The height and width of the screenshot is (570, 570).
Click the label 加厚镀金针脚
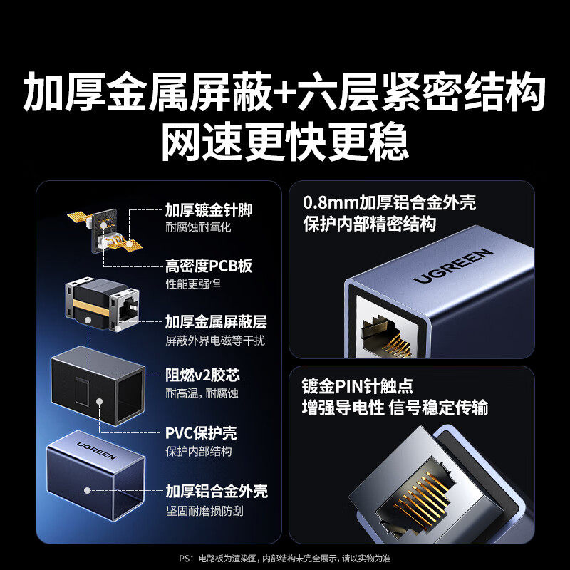(209, 210)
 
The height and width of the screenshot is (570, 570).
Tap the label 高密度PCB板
(209, 266)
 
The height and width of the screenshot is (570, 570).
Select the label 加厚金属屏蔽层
(216, 322)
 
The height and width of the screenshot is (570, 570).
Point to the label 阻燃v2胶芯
(202, 375)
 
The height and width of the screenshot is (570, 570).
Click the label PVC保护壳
(201, 433)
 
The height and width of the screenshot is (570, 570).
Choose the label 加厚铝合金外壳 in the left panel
(217, 491)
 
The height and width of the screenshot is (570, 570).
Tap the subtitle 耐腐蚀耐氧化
(198, 227)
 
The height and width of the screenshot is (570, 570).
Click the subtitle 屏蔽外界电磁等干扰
(215, 341)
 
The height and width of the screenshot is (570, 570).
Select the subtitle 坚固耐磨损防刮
(204, 511)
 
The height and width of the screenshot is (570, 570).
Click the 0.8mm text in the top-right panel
(331, 202)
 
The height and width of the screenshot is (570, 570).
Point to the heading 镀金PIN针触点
(358, 386)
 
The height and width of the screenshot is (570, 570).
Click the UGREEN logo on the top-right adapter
(453, 266)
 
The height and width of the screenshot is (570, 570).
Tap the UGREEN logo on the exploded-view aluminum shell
(96, 451)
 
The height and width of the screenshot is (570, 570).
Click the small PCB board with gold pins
(104, 231)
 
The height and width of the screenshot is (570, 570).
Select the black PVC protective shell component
(98, 386)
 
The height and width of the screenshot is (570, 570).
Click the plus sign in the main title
(286, 93)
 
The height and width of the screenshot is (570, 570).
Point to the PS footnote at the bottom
(284, 559)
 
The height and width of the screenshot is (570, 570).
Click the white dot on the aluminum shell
(87, 490)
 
